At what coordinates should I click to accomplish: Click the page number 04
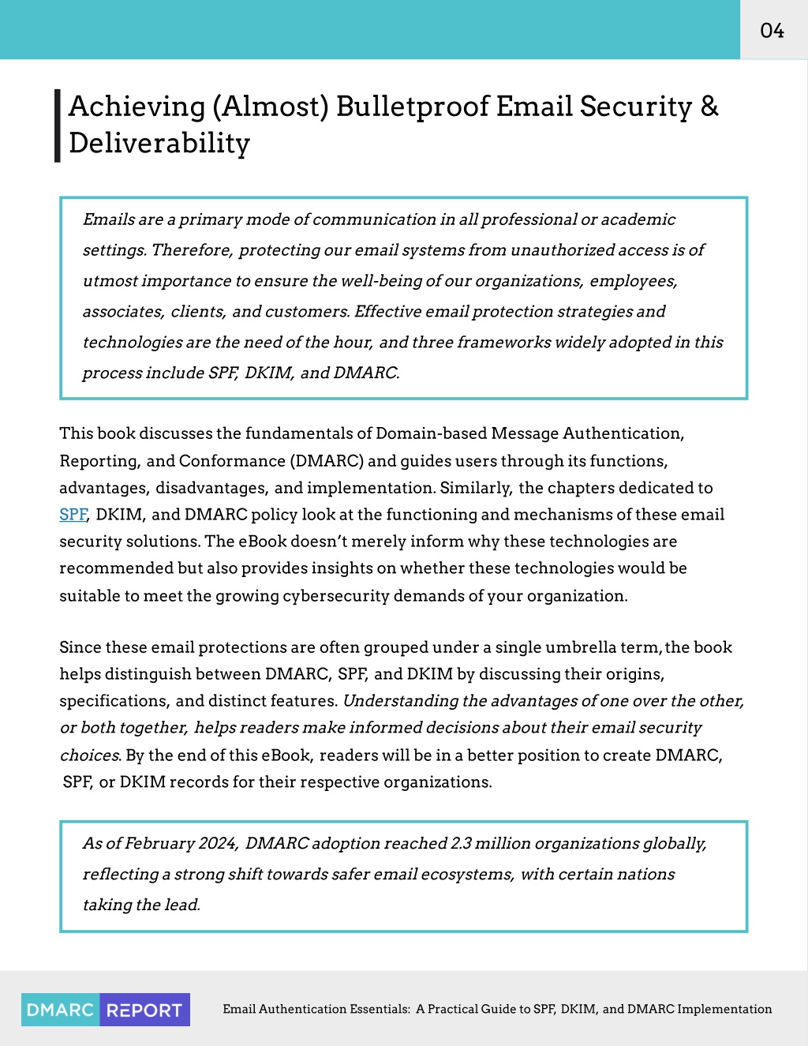click(772, 31)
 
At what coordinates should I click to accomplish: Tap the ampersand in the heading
click(709, 107)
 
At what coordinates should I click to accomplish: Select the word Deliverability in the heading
click(159, 143)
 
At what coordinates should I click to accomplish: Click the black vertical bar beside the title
click(57, 126)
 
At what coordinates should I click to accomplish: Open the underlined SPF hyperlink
click(73, 515)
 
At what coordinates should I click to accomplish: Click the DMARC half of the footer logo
click(61, 1010)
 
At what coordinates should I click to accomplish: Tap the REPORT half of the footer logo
click(144, 1010)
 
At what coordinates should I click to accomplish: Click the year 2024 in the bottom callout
click(217, 843)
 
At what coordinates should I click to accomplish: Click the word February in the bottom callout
click(159, 843)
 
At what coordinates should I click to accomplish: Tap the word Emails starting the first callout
click(108, 219)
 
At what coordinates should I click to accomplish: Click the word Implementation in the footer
click(724, 1009)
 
